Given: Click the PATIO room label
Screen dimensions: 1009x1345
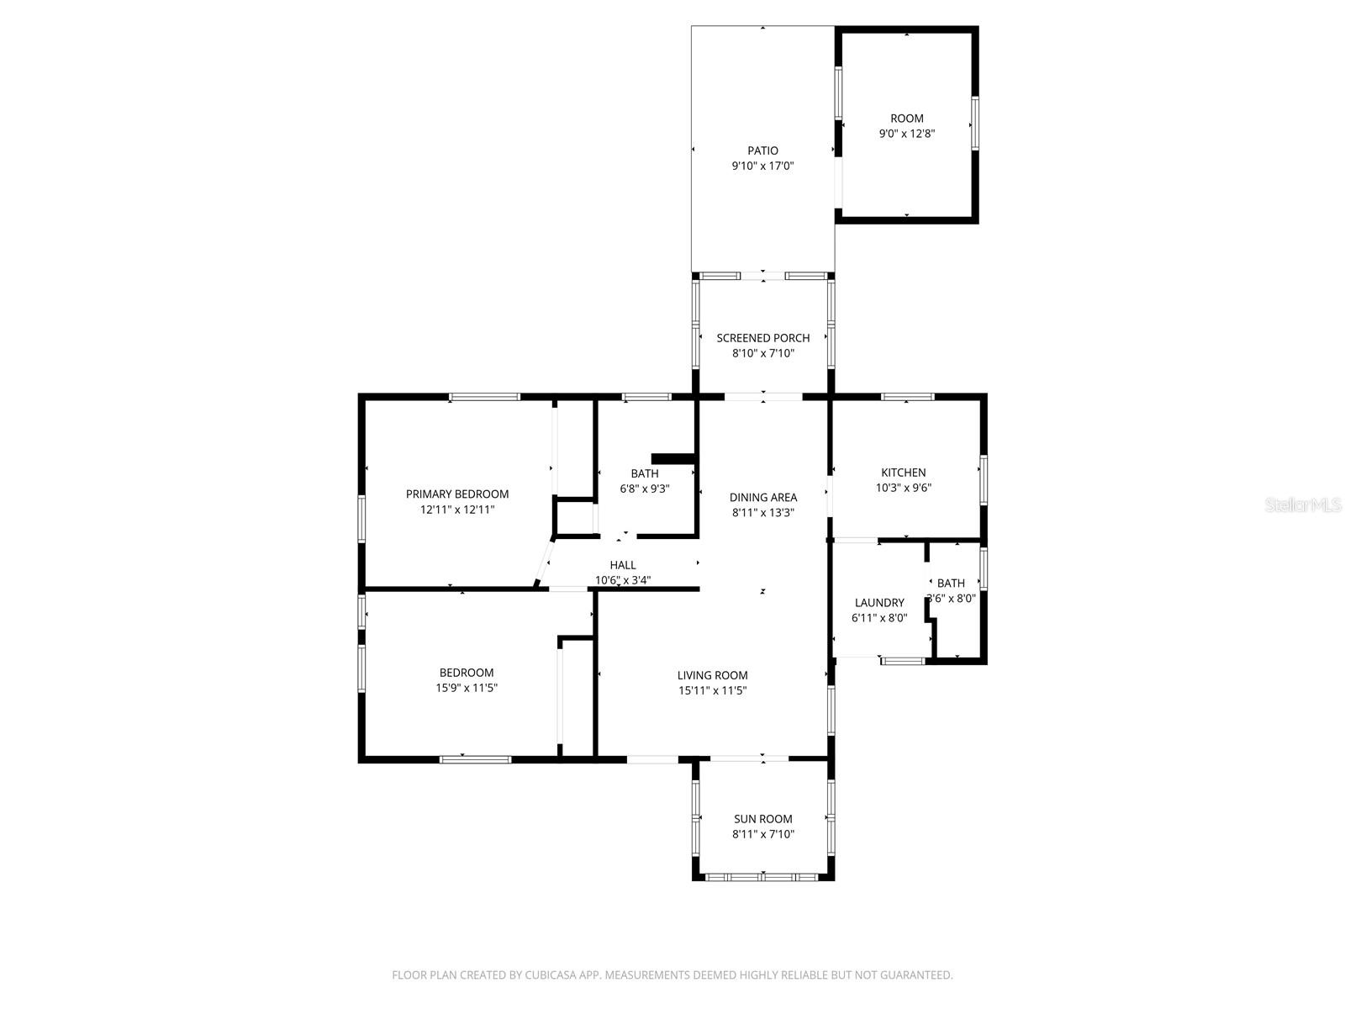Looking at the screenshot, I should tap(762, 151).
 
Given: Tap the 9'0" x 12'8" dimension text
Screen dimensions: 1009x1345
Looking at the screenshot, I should tap(906, 134).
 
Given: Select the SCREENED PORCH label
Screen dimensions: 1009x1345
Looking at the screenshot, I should tap(762, 338).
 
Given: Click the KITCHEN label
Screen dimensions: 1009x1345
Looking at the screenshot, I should tap(903, 473).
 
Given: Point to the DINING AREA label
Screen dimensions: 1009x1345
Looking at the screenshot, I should tap(762, 497).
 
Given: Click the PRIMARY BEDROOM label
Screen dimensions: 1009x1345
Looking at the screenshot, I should tap(456, 494).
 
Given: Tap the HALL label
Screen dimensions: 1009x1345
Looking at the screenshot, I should tap(623, 565).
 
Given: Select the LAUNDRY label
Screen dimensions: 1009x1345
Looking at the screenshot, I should tap(878, 603).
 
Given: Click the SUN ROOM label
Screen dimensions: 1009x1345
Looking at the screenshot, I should tap(762, 819).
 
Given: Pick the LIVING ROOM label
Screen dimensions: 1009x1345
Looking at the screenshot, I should tap(712, 675).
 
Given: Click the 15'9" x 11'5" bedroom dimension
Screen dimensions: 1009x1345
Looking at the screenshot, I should tap(466, 688).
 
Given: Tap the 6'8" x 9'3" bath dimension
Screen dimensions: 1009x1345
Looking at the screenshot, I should tap(644, 489).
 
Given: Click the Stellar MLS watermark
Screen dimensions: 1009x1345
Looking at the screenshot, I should tap(1304, 504).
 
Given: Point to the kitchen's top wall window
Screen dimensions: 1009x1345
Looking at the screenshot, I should tap(907, 396).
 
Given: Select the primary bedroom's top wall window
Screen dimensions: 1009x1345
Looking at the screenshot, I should tap(483, 396).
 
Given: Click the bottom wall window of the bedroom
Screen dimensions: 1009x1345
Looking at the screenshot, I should tap(475, 759).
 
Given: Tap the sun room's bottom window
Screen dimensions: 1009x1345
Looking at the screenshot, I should tap(762, 877).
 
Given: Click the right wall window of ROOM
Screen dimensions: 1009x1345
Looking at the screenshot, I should tap(975, 124).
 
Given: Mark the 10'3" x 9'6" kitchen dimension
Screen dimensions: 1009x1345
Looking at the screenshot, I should tap(903, 488).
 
